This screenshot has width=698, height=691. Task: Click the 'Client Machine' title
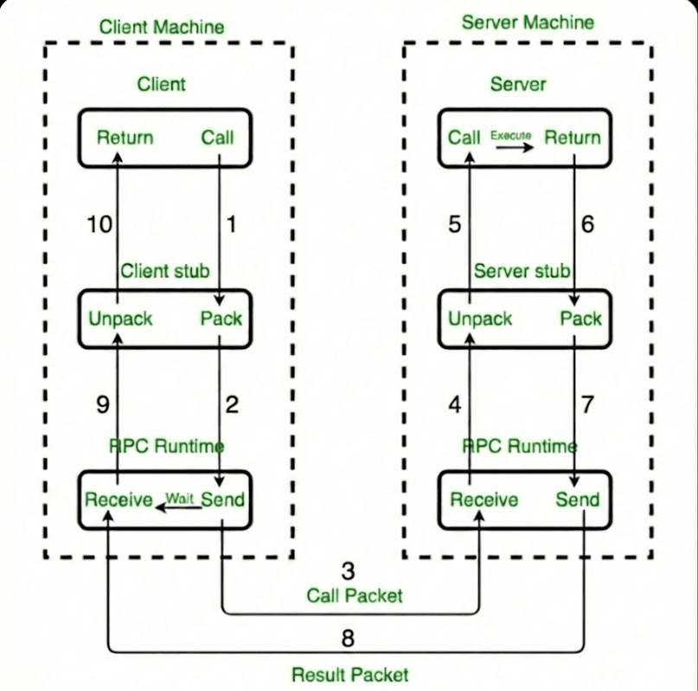tap(162, 27)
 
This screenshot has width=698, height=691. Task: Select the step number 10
tap(99, 224)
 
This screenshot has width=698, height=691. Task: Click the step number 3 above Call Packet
tap(349, 572)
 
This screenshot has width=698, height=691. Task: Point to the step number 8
tap(349, 639)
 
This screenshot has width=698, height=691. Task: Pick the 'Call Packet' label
tap(355, 596)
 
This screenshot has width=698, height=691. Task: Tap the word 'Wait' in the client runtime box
tap(179, 498)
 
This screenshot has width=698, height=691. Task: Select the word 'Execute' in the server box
tap(511, 135)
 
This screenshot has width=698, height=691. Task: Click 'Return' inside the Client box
tap(125, 138)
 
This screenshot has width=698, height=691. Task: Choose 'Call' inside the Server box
tap(464, 138)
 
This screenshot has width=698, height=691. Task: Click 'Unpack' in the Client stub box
tap(120, 319)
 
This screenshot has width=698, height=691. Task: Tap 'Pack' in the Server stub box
tap(580, 319)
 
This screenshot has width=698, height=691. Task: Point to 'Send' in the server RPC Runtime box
tap(577, 500)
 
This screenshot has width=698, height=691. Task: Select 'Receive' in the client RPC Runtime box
tap(118, 500)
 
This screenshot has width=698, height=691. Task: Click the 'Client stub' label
tap(164, 271)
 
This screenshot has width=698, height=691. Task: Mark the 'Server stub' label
tap(522, 271)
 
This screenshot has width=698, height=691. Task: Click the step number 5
tap(454, 224)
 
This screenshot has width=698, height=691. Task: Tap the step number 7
tap(587, 404)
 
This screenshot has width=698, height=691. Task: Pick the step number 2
tap(231, 404)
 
